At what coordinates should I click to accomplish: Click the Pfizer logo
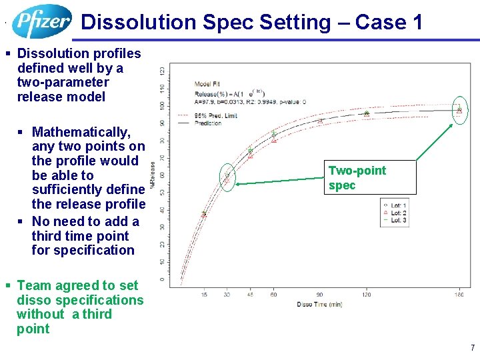pos(41,21)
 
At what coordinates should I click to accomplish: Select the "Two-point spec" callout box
pos(371,177)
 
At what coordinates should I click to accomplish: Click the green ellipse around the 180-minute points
pos(459,110)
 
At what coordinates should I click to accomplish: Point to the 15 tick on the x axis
pos(203,294)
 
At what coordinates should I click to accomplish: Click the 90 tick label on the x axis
pos(320,294)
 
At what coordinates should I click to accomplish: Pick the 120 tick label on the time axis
pos(366,294)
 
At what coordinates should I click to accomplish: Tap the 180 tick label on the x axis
pos(459,294)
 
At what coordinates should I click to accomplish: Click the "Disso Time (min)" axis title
pos(319,305)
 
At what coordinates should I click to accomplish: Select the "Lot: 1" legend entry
pos(397,205)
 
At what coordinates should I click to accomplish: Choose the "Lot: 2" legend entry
pos(397,213)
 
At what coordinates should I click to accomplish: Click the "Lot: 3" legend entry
pos(397,220)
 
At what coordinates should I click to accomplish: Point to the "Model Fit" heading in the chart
pos(207,84)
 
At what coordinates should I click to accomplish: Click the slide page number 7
pos(472,348)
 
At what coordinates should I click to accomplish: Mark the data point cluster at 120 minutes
pos(366,114)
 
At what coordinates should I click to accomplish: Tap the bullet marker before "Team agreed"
pos(7,286)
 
